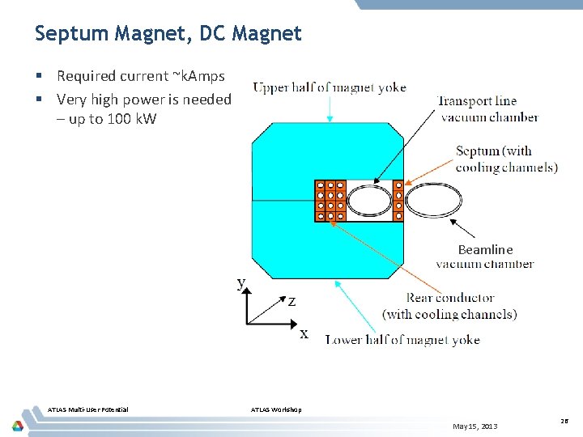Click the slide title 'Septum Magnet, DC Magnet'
click(x=168, y=34)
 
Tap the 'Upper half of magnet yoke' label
click(x=330, y=87)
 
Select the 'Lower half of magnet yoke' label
click(x=402, y=340)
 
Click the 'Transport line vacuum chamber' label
click(x=487, y=109)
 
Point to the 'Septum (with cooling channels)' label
click(x=506, y=159)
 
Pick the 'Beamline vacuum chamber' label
click(x=485, y=257)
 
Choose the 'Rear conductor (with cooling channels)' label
click(x=449, y=306)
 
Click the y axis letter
click(x=241, y=282)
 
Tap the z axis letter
click(x=291, y=301)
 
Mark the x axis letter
click(x=304, y=333)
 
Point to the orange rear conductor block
click(x=330, y=201)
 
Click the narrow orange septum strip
click(x=398, y=201)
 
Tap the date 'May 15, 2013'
click(x=475, y=426)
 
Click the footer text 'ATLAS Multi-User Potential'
click(x=88, y=409)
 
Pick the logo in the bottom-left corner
click(x=17, y=426)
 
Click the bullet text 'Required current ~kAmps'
click(x=140, y=76)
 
